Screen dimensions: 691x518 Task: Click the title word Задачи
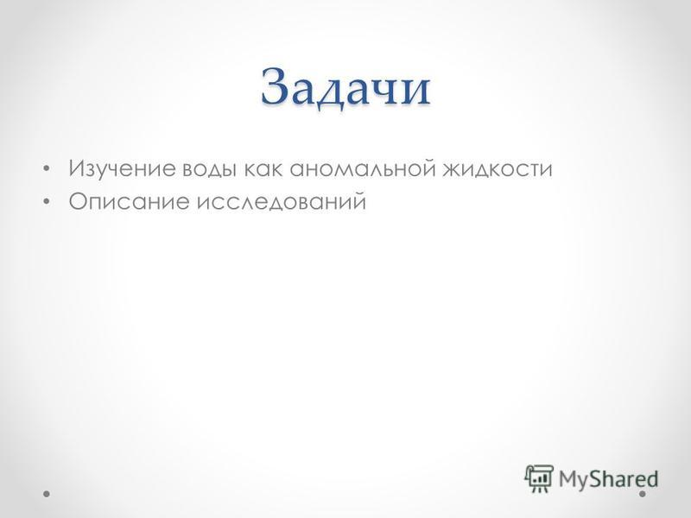pos(345,87)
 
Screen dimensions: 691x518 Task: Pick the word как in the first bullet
pos(263,169)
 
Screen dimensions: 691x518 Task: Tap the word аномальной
pos(362,168)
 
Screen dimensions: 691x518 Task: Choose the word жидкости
pos(498,169)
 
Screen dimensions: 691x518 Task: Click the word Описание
pos(129,202)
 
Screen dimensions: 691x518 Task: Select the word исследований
pos(282,202)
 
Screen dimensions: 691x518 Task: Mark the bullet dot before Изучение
pos(47,168)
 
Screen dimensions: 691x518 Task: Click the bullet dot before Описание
pos(47,202)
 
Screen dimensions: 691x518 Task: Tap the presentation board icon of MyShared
pos(538,478)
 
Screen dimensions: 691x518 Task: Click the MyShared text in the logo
pos(608,479)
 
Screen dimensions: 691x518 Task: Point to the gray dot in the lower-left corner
pos(47,494)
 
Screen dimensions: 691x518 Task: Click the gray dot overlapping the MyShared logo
pos(643,494)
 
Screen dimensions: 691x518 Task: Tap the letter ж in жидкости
pos(453,170)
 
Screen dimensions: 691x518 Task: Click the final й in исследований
pos(358,202)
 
